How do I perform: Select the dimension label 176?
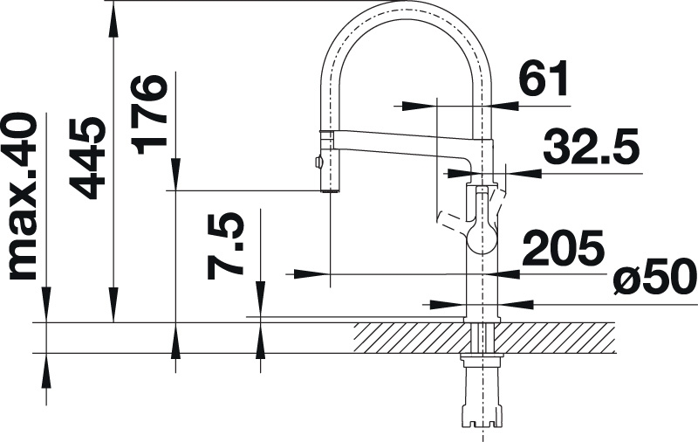(149, 115)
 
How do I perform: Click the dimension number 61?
(544, 78)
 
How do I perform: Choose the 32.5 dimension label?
(592, 146)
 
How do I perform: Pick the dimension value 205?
(563, 247)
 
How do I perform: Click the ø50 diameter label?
(654, 279)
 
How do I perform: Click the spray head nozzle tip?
(331, 190)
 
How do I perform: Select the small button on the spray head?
(317, 162)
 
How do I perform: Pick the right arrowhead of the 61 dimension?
(503, 106)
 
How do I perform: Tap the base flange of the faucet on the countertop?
(482, 320)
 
